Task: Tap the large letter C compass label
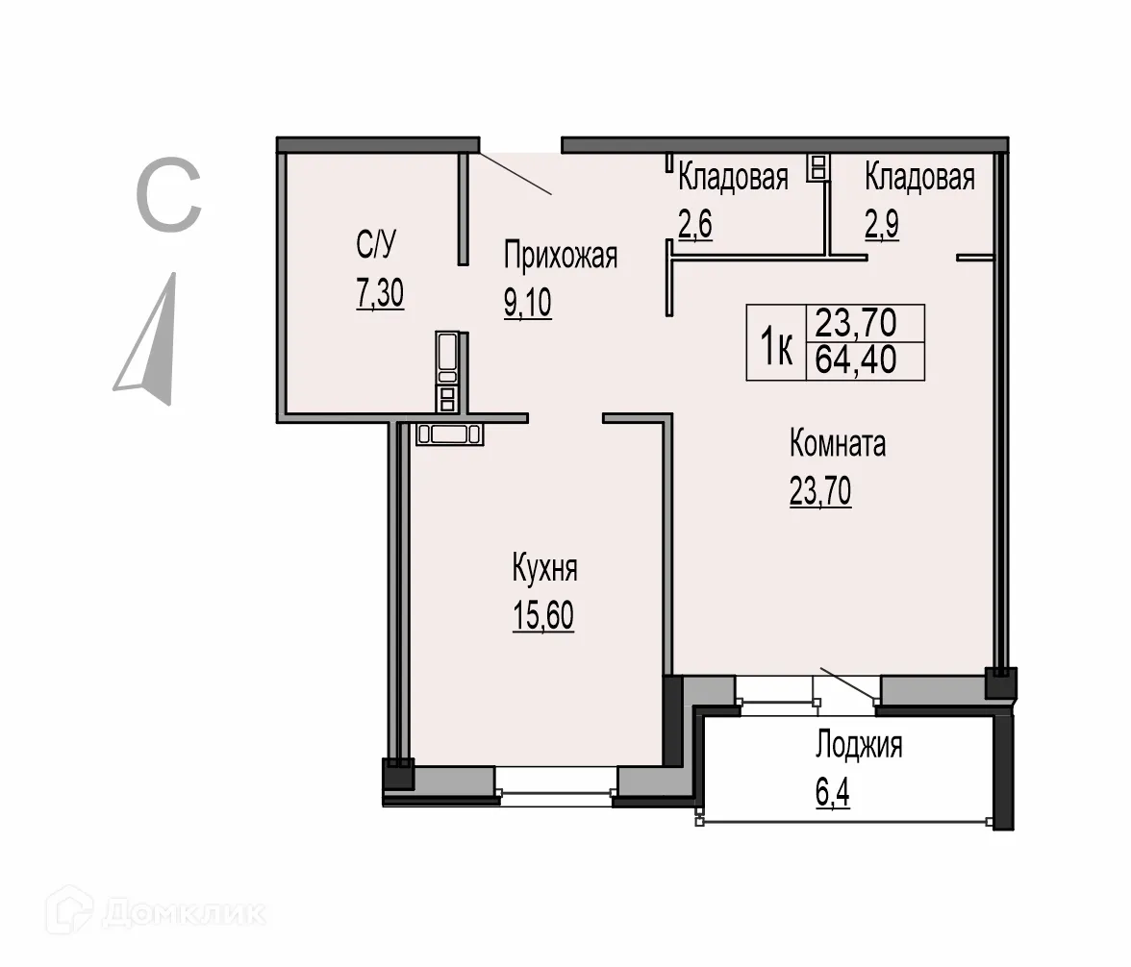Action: pos(168,197)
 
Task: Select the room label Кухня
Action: pos(544,568)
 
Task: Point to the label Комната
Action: pos(837,445)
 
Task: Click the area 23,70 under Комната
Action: pos(819,491)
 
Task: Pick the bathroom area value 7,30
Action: pos(380,292)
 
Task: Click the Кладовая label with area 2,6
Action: pos(733,178)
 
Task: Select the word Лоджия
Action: pos(859,745)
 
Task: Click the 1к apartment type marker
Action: pos(777,343)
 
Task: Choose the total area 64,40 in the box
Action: pos(856,360)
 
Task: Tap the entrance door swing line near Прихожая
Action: pos(515,173)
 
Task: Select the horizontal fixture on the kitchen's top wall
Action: pos(450,434)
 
